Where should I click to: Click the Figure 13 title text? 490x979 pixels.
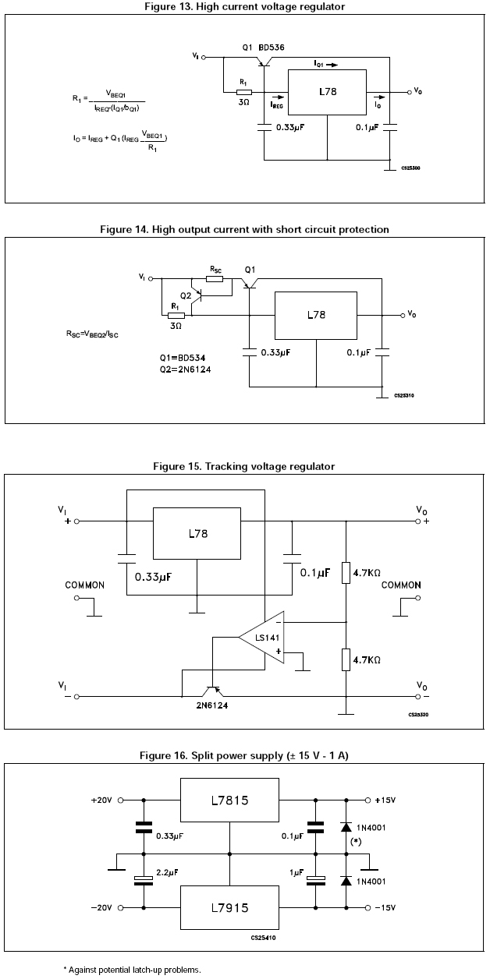coord(244,7)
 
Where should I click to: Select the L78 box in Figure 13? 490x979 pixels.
coord(328,92)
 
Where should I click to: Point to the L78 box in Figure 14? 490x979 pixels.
coord(316,316)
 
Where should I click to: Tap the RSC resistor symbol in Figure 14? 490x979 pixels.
coord(215,277)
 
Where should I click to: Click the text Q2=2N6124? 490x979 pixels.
coord(185,369)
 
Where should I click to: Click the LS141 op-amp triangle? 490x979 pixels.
coord(265,638)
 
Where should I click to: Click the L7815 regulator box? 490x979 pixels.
coord(229,801)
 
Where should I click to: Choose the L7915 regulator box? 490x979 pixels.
coord(229,908)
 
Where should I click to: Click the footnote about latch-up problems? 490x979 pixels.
coord(132,969)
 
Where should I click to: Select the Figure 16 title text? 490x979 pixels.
coord(244,755)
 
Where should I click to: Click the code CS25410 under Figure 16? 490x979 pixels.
coord(264,938)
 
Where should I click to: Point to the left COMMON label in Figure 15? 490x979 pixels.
coord(84,585)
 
